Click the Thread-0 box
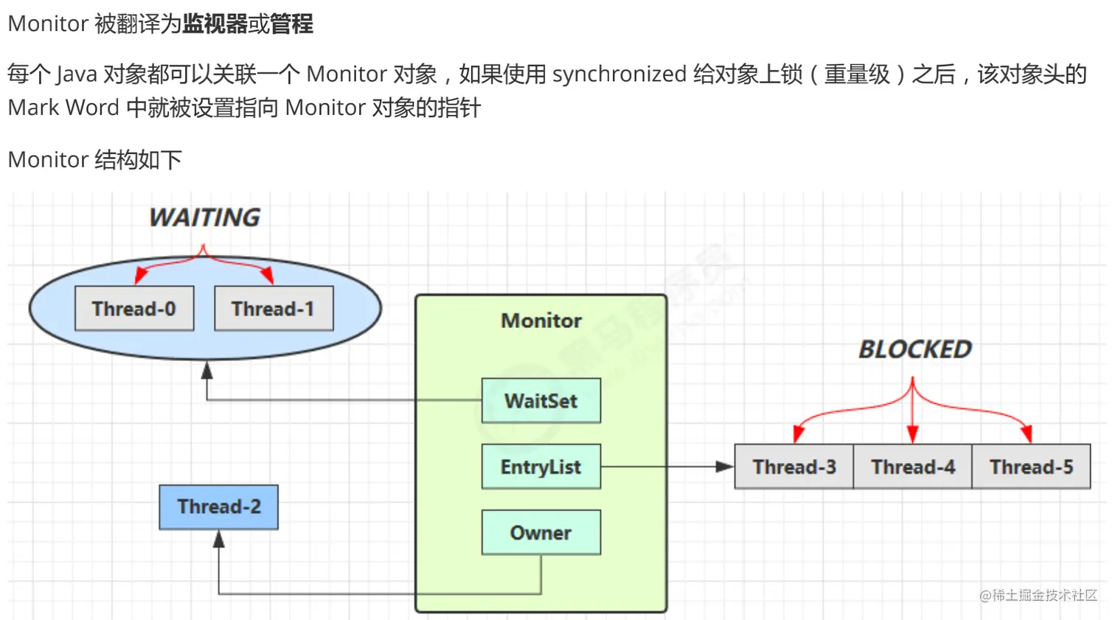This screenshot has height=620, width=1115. [x=134, y=308]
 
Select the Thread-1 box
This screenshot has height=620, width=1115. [x=274, y=308]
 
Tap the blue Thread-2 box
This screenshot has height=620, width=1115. [x=218, y=506]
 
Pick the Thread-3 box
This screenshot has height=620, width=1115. [x=794, y=467]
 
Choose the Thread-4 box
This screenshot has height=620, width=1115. [x=913, y=467]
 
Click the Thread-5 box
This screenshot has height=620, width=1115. [x=1031, y=467]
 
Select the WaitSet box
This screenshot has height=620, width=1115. [x=541, y=400]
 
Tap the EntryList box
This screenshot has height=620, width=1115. [x=541, y=467]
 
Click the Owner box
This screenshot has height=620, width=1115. [x=541, y=532]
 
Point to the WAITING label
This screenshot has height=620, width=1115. [x=204, y=217]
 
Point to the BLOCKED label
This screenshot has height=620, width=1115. [x=915, y=349]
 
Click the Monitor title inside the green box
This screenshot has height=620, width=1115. [x=541, y=321]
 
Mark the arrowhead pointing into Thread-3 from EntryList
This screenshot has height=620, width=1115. [x=725, y=467]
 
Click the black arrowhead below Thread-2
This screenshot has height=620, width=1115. [x=219, y=540]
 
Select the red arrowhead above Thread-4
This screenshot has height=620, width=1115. [x=913, y=434]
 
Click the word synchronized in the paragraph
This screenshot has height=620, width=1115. [x=619, y=74]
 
